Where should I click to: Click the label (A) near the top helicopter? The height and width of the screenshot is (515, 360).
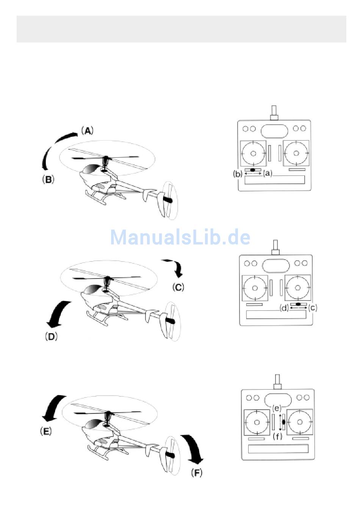pos(87,131)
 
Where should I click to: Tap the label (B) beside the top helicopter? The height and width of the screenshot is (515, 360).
pos(48,179)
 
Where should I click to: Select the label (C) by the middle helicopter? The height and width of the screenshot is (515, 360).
pos(178,287)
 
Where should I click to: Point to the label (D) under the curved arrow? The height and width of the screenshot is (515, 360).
pos(51,337)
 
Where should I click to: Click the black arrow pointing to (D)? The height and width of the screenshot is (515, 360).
pos(58,314)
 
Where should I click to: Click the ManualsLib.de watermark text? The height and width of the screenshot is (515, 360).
pos(180,237)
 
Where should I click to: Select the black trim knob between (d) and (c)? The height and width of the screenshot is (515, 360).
pos(298,304)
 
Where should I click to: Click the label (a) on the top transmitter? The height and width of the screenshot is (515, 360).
pos(268,174)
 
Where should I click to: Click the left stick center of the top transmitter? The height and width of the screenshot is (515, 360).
pos(254,153)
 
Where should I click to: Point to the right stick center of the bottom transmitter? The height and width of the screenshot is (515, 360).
pos(299,422)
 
